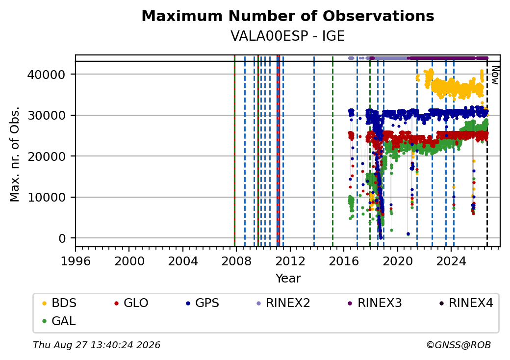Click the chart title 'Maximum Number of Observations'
click(288, 16)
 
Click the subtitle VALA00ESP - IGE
click(287, 36)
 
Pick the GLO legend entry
click(131, 303)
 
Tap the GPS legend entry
click(203, 303)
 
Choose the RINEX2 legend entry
click(283, 303)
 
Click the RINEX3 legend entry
click(375, 303)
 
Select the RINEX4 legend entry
click(466, 303)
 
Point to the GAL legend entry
click(59, 321)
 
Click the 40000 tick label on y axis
click(46, 75)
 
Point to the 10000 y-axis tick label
click(46, 197)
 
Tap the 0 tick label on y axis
click(62, 238)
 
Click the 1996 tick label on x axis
click(76, 261)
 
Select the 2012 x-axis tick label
click(290, 261)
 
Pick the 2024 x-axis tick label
click(451, 261)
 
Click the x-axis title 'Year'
click(288, 279)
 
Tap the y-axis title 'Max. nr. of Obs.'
click(15, 154)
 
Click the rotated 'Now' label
click(495, 75)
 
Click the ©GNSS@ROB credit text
click(459, 345)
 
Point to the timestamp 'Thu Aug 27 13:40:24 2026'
click(97, 345)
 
